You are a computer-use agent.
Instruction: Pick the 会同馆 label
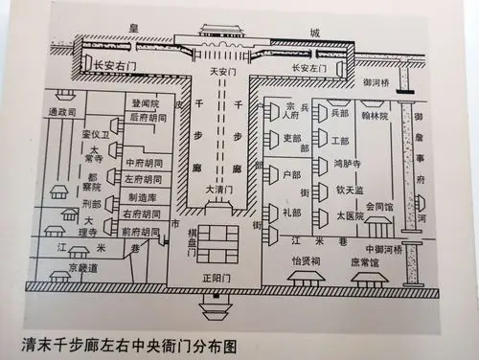click(x=381, y=206)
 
